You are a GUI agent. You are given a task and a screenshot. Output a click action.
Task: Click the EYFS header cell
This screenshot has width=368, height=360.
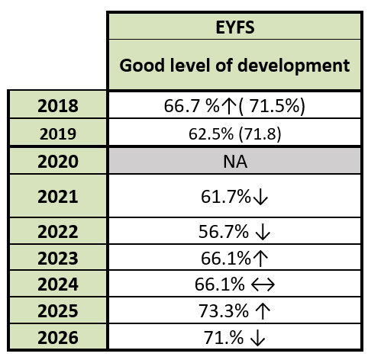point(234,27)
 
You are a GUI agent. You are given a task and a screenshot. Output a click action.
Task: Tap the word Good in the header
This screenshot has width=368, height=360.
point(142,66)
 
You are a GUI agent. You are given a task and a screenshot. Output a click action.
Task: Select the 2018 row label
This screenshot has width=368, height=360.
point(58,106)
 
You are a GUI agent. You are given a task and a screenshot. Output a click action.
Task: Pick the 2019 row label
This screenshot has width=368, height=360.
point(58,133)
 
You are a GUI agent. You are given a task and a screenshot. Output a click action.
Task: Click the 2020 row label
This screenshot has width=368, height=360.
point(58,162)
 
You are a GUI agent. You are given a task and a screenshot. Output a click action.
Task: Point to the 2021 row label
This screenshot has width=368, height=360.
point(58,197)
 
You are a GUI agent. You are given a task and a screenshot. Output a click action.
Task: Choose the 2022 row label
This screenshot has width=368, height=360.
point(58,232)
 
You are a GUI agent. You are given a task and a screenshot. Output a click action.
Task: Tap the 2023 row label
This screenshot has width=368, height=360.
point(58,259)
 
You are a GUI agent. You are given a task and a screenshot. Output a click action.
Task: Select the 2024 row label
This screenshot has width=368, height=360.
point(58,284)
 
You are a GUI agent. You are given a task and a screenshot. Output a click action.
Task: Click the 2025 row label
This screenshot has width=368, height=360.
point(58,311)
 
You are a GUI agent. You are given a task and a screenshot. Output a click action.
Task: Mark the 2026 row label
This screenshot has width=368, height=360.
point(58,338)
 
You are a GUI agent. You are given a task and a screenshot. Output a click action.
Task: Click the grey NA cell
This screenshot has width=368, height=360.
point(234,161)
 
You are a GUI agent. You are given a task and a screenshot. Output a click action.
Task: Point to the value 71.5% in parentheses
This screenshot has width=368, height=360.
point(274,106)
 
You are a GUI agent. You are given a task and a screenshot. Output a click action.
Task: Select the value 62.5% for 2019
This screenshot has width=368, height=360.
point(211,133)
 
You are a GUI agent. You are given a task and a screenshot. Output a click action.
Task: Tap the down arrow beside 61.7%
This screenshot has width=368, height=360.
point(260,198)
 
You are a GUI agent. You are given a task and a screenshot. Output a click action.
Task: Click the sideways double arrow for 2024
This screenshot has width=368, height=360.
point(263,284)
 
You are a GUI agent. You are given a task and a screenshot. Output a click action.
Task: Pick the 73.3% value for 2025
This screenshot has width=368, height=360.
point(224,311)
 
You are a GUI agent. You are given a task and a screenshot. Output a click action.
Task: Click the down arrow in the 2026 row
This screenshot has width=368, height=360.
point(258,339)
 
